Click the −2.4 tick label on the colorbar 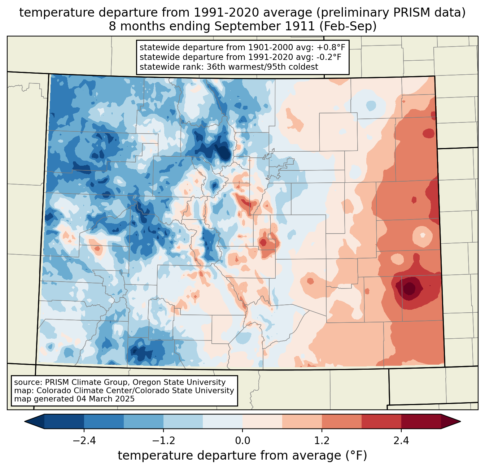pos(84,441)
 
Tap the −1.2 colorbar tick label pos(163,441)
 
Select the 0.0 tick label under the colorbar pos(242,441)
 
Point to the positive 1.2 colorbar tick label pos(322,441)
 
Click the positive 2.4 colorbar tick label pos(401,441)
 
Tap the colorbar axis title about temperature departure pos(242,456)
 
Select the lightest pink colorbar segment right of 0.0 pos(262,421)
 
